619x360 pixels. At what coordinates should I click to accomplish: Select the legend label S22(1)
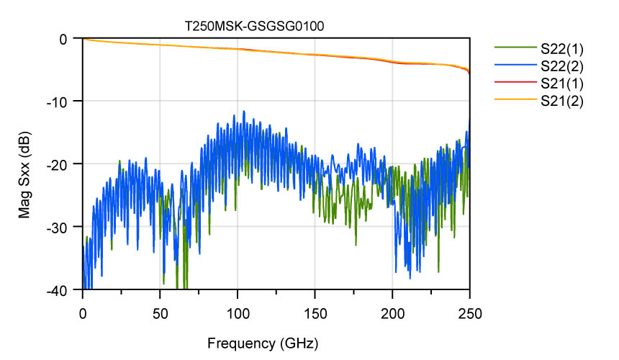562,49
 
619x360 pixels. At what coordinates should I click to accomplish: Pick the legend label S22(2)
562,66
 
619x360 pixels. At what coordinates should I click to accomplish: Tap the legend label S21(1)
562,84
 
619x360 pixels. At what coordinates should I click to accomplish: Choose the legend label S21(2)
562,101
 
